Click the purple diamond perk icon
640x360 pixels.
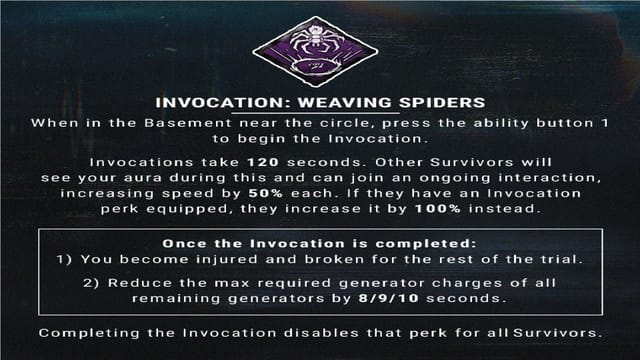(x=319, y=52)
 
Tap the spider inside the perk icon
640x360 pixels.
(x=319, y=46)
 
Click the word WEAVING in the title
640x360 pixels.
(x=317, y=102)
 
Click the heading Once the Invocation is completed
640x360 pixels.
(x=319, y=241)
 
